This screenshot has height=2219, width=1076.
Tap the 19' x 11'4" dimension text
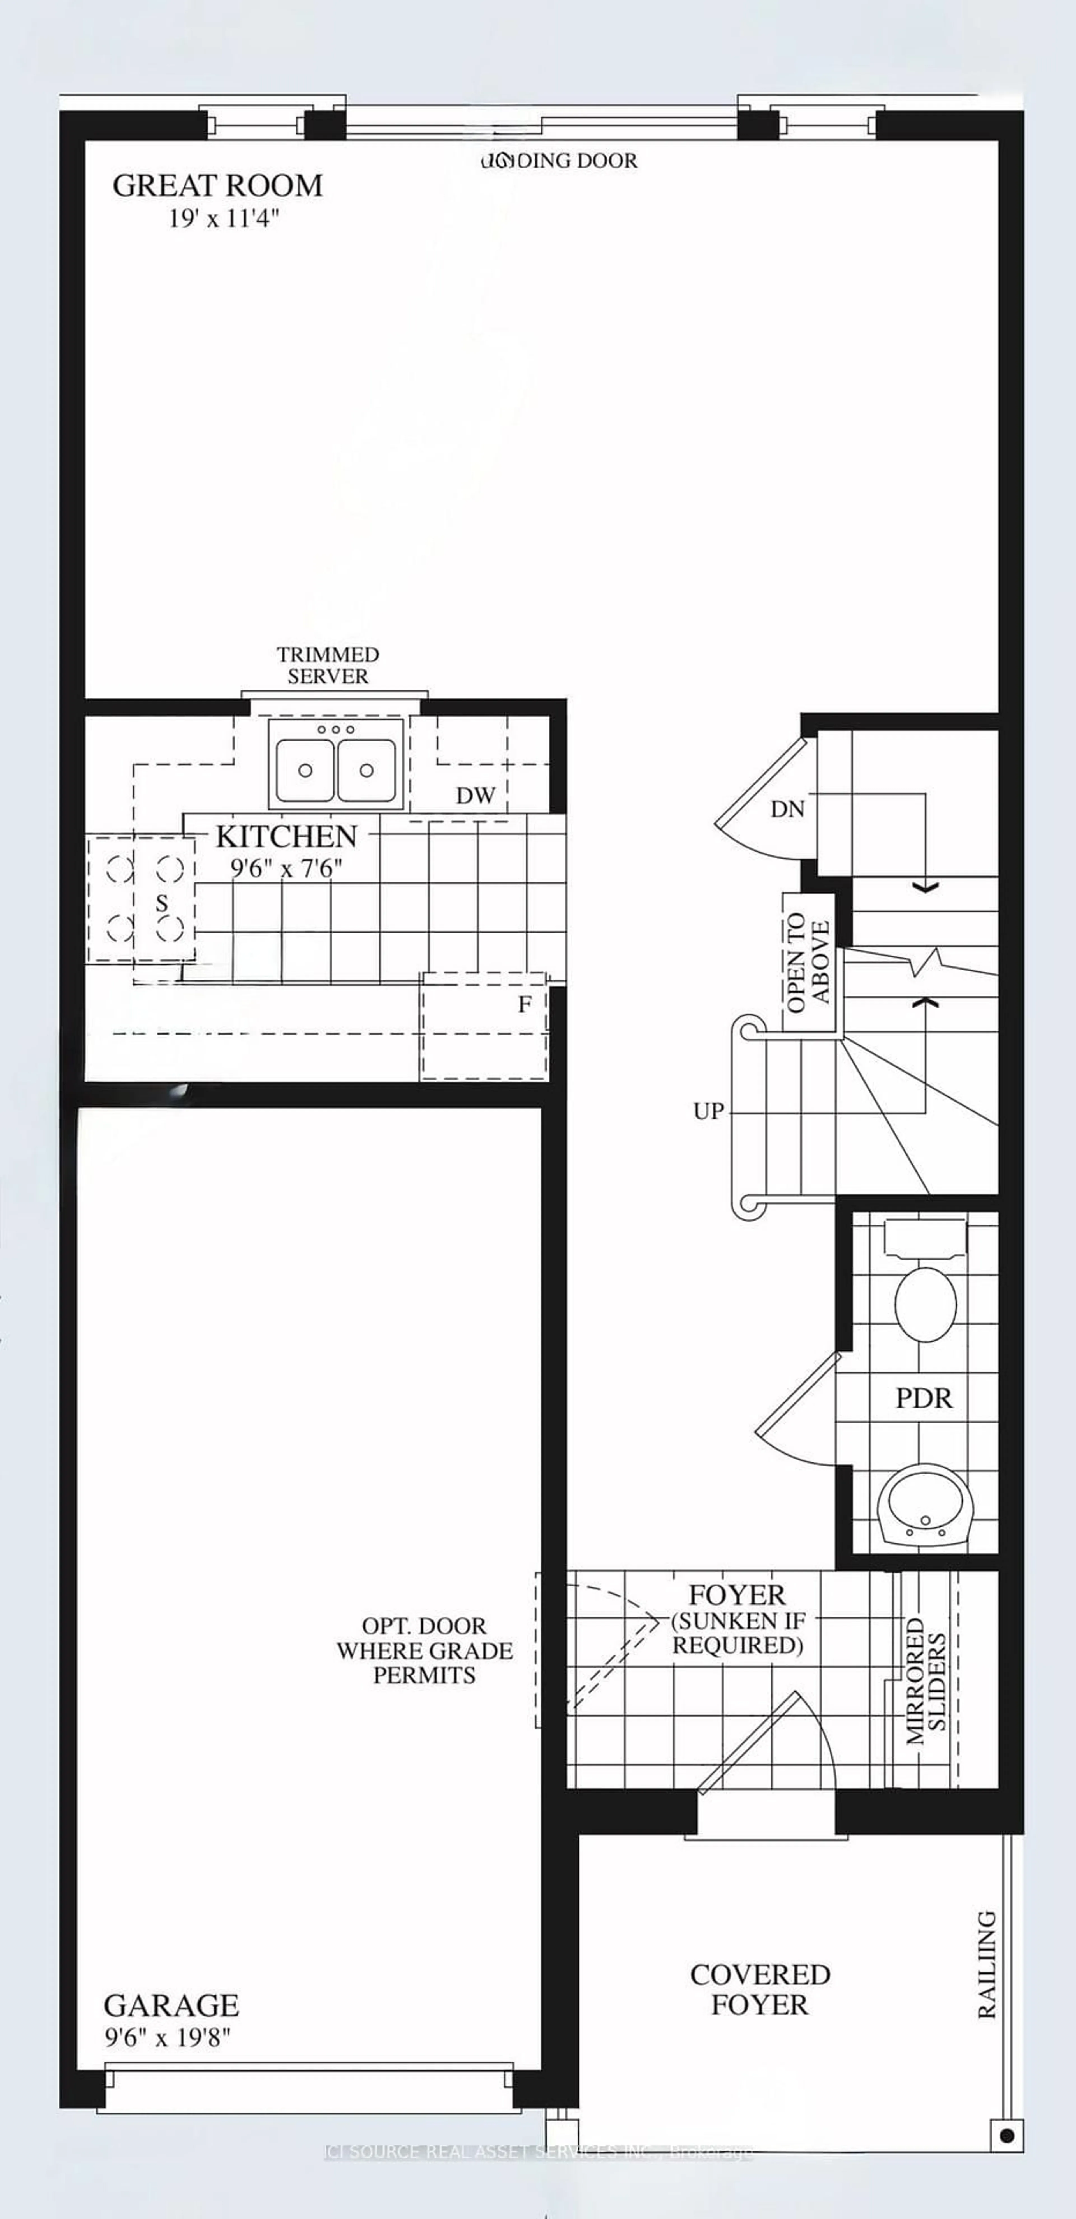(223, 219)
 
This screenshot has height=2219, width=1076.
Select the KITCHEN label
(286, 836)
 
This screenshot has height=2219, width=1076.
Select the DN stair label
(787, 809)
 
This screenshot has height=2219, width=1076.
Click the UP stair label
(708, 1111)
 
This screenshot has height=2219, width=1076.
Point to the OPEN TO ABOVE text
(808, 962)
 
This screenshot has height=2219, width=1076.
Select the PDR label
(924, 1398)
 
